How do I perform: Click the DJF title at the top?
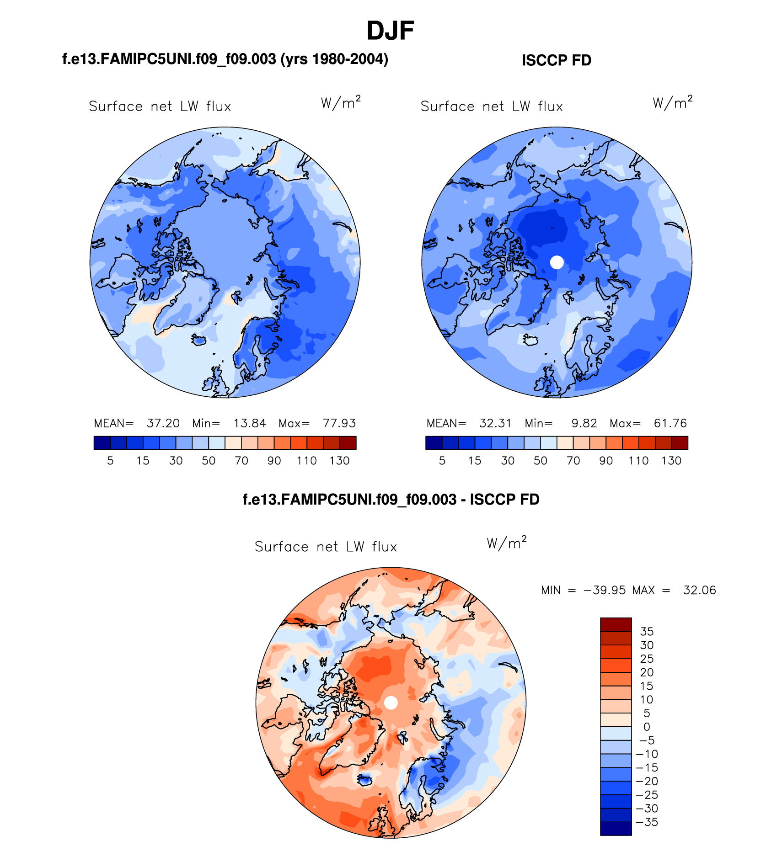click(390, 31)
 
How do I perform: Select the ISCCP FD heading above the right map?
click(556, 60)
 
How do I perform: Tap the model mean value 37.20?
click(163, 423)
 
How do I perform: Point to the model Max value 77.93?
click(339, 423)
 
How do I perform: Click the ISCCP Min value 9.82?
click(584, 423)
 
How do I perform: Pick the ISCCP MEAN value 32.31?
click(495, 423)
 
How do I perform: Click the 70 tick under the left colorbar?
click(241, 461)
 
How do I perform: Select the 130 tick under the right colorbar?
click(671, 461)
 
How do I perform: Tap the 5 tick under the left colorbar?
click(110, 461)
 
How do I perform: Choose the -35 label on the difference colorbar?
click(647, 822)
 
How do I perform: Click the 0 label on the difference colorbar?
click(646, 727)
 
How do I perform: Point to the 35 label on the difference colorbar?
click(647, 632)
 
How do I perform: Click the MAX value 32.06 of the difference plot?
click(699, 590)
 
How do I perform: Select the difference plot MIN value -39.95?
click(605, 590)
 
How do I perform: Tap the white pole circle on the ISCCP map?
click(557, 262)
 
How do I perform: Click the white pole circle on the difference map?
click(391, 703)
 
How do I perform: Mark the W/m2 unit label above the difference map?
click(506, 543)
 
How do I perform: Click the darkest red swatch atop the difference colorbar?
click(616, 624)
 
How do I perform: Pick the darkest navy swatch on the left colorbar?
click(102, 443)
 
